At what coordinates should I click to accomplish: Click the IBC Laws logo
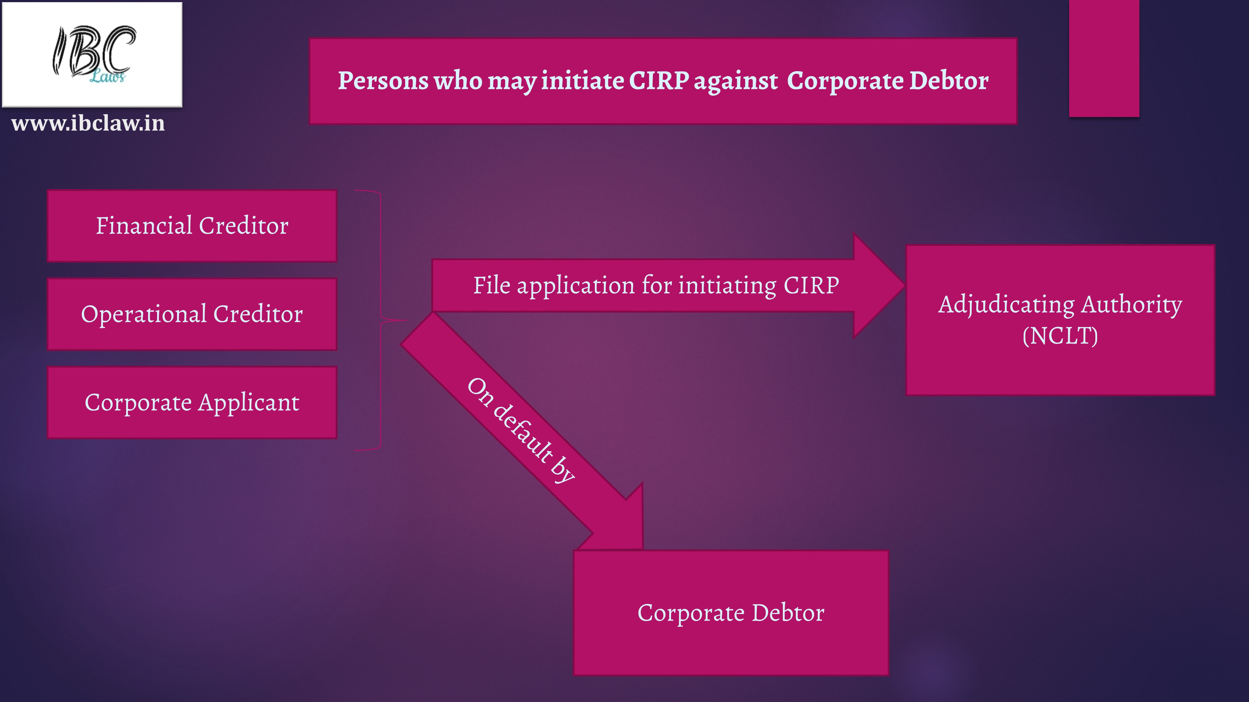click(92, 54)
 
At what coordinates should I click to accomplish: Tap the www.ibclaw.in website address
click(88, 124)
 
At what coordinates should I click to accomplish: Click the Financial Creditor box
click(192, 226)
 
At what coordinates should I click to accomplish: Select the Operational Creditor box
click(192, 314)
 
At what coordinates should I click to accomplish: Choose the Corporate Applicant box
click(192, 402)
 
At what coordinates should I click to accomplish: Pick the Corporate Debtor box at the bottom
click(731, 613)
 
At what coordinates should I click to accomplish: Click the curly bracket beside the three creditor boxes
click(381, 320)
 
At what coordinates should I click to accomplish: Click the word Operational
click(144, 314)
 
